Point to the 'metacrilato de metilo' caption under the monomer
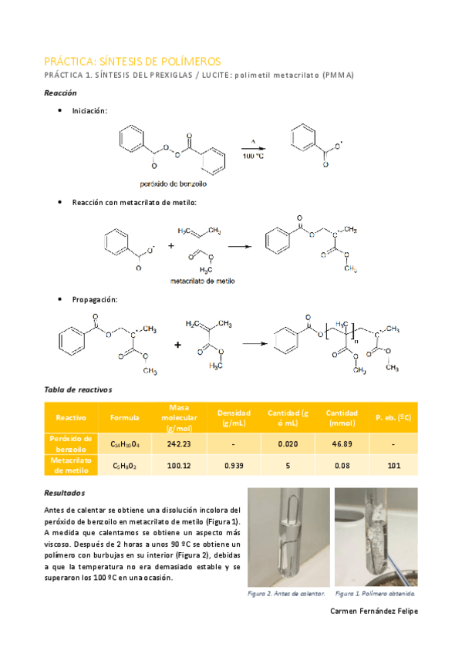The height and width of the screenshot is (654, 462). tap(203, 281)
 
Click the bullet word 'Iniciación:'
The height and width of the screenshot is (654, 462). tap(90, 111)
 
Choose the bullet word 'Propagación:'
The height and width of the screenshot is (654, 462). tap(95, 299)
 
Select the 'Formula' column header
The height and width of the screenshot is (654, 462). tap(124, 417)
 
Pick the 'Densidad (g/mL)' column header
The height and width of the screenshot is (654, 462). tap(234, 417)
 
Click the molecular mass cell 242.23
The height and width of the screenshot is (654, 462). tap(178, 444)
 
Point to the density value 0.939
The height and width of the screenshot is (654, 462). tap(234, 466)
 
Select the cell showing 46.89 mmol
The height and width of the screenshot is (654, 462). tap(341, 444)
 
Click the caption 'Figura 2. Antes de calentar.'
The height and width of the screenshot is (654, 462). tap(286, 594)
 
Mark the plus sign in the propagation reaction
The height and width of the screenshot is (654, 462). tap(177, 345)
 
